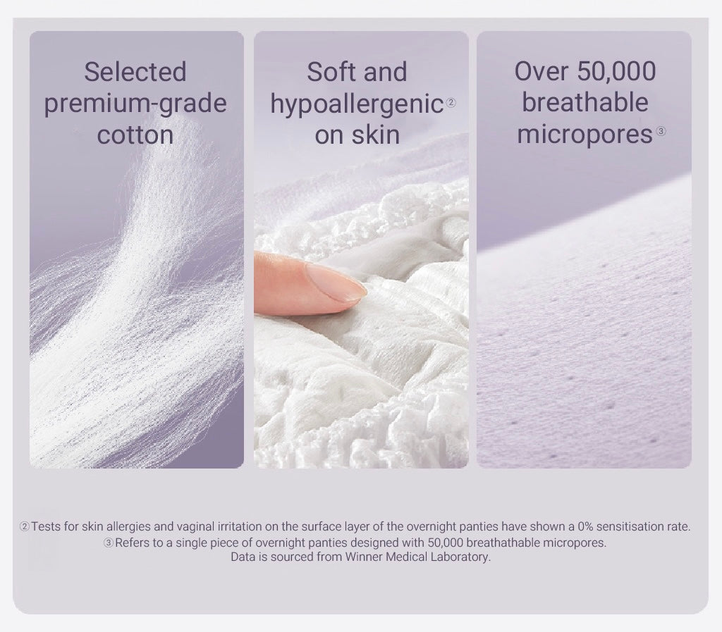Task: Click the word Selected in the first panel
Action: pos(135,72)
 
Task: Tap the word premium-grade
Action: pos(135,104)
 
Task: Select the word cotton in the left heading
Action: pos(135,135)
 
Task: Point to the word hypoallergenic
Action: pos(357,104)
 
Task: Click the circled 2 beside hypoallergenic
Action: pos(451,103)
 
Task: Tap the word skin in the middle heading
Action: pos(377,135)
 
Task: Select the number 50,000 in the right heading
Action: pos(616,72)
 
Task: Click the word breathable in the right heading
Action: pos(585,102)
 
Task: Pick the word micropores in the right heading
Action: pos(585,135)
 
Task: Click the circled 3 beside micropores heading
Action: pos(661,132)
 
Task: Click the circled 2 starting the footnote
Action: pos(25,527)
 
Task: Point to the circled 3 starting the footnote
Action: pos(108,543)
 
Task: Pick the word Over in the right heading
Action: pos(541,72)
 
